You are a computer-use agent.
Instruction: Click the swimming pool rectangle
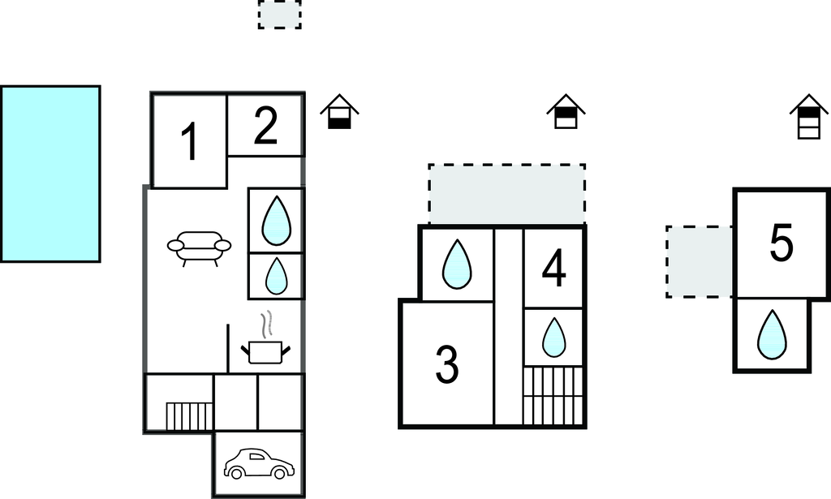pos(50,174)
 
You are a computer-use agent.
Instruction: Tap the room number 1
pos(190,141)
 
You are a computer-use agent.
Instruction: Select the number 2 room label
pos(265,126)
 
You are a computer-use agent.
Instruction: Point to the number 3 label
pos(447,364)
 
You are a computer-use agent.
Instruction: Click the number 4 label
pos(553,269)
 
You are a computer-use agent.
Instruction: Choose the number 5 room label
pos(781,243)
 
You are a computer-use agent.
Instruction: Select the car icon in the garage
pos(259,463)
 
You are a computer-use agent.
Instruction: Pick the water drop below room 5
pos(773,335)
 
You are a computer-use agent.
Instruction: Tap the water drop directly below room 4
pos(553,338)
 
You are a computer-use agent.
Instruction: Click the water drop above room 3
pos(456,265)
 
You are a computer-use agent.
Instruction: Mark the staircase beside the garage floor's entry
pos(189,416)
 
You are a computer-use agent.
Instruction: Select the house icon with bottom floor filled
pos(340,111)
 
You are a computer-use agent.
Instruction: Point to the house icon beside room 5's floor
pos(809,117)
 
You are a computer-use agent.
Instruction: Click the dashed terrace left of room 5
pos(700,262)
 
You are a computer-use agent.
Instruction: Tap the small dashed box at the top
pos(280,15)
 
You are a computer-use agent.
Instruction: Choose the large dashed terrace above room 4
pos(507,195)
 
